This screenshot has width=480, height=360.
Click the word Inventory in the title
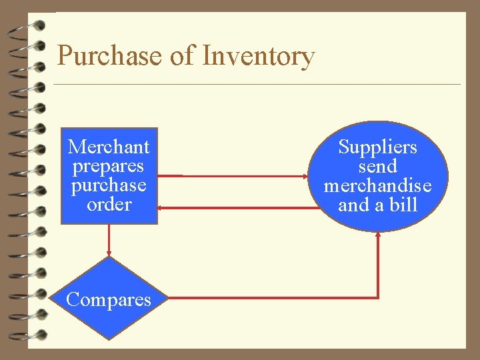[x=258, y=56]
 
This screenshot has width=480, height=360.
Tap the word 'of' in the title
[x=182, y=56]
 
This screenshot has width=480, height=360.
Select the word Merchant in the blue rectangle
[x=109, y=146]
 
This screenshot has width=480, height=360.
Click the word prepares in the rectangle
[x=109, y=165]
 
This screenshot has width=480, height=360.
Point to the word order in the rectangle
[x=109, y=204]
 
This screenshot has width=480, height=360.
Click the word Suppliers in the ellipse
[x=377, y=147]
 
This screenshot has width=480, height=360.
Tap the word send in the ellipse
[x=377, y=166]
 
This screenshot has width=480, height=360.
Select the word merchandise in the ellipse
[x=377, y=185]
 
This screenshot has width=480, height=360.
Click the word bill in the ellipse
[x=403, y=205]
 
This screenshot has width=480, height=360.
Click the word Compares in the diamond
[x=109, y=299]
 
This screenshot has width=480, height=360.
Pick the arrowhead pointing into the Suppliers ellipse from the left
[x=305, y=177]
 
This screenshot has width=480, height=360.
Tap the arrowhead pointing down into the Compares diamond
[x=109, y=253]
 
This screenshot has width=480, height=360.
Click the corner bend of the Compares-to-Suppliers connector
[x=378, y=297]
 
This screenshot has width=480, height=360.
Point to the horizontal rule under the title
[x=257, y=85]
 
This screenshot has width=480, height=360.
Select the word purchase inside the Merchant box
[x=109, y=185]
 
